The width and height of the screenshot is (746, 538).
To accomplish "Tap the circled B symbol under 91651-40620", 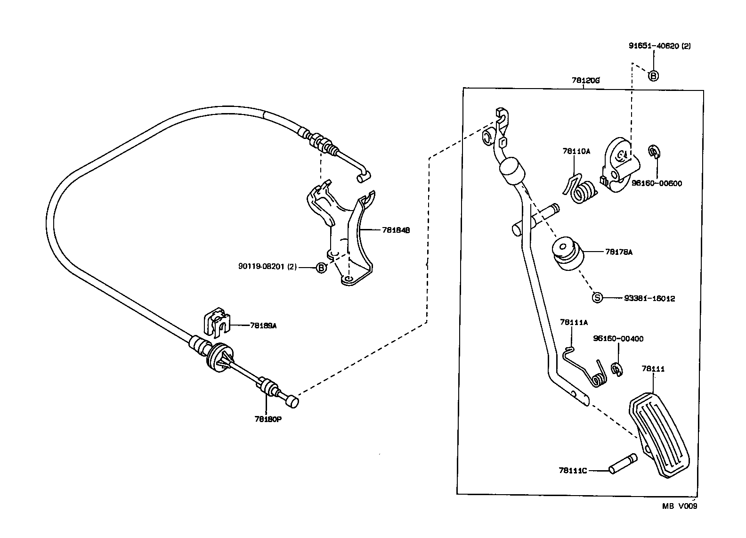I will click(653, 75).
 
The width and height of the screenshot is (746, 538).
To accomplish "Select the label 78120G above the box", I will click(585, 81).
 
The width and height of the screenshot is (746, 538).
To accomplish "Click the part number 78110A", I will click(576, 151).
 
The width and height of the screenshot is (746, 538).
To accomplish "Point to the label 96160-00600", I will click(657, 183).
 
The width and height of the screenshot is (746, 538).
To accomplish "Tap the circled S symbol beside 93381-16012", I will click(597, 298).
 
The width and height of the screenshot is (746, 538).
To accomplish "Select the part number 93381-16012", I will click(649, 298).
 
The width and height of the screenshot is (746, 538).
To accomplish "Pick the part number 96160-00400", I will click(618, 339).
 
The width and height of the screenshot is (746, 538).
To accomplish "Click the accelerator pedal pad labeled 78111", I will click(659, 436).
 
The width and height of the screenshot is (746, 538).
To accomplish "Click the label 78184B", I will click(396, 230).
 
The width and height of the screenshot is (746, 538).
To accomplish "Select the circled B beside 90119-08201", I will click(320, 268).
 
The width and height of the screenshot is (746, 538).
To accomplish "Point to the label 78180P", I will click(268, 419).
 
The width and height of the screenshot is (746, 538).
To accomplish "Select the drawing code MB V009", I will click(679, 506).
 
